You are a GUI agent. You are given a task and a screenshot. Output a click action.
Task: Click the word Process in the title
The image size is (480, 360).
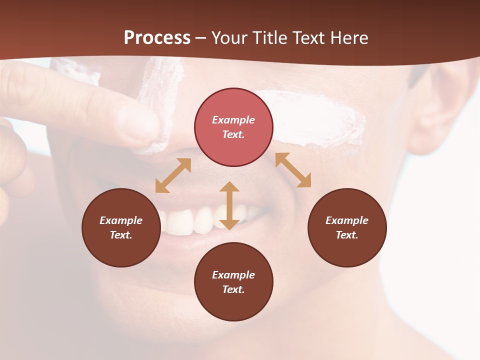[157, 38]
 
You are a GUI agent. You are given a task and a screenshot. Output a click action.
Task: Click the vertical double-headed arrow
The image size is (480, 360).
[229, 205]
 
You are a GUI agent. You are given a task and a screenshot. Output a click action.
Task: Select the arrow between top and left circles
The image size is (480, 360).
[173, 175]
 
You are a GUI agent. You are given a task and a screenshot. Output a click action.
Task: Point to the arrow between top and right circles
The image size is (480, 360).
[293, 170]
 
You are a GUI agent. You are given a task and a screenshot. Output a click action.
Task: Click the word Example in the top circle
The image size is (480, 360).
[233, 120]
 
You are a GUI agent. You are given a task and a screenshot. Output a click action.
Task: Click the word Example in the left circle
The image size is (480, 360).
[121, 220]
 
